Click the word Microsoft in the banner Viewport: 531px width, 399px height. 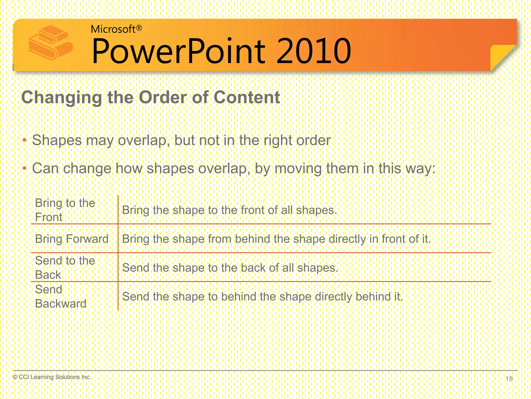[113, 29]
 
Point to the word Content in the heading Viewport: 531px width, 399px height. [247, 97]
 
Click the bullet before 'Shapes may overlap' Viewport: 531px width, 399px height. [24, 141]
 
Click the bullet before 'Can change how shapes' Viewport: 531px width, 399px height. [24, 169]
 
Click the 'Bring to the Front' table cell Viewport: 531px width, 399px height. [65, 210]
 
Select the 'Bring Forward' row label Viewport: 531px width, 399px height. [72, 239]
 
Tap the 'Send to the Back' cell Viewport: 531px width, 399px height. [65, 268]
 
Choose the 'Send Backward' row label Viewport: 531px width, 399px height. [60, 296]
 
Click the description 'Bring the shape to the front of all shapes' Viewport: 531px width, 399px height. [229, 210]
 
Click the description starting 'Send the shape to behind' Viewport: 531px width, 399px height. [262, 296]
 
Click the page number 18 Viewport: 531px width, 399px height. [509, 379]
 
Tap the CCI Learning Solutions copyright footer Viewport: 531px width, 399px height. [52, 377]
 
